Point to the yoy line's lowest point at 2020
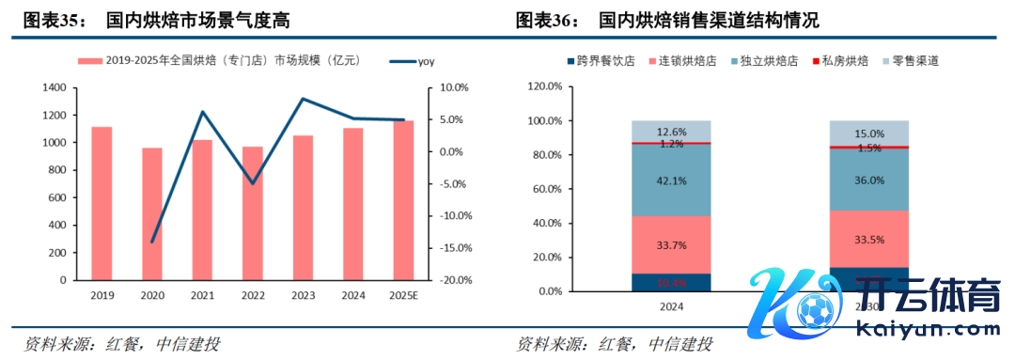152,242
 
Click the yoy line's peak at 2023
302,99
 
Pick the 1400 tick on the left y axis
55,87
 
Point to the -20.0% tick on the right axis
455,280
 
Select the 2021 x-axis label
201,295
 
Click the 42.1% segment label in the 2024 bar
671,180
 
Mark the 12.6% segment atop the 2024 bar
671,132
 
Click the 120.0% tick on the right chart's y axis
545,86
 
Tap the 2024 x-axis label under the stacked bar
671,306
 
